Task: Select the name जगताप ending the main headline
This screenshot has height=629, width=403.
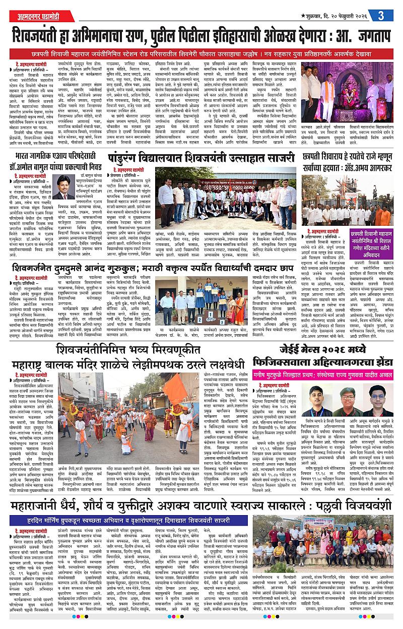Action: click(366, 35)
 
